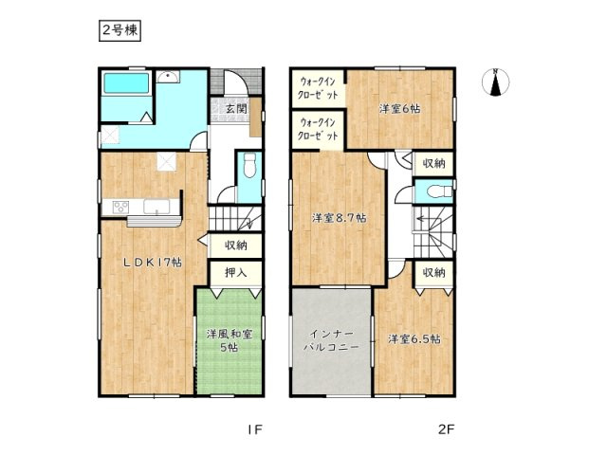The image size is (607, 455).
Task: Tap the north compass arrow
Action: pyautogui.click(x=495, y=83)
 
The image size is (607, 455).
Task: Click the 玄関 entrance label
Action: pyautogui.click(x=236, y=109)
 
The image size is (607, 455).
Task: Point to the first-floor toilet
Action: pyautogui.click(x=248, y=167)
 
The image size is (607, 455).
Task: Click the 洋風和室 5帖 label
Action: pyautogui.click(x=229, y=340)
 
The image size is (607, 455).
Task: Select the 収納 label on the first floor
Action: pyautogui.click(x=236, y=245)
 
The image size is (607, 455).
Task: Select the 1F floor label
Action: pyautogui.click(x=254, y=430)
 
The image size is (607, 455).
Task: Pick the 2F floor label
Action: pyautogui.click(x=446, y=430)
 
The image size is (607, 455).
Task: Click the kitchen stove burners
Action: pyautogui.click(x=121, y=206)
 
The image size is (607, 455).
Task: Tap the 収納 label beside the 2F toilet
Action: pyautogui.click(x=433, y=163)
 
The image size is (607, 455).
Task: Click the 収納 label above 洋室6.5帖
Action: pyautogui.click(x=433, y=272)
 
